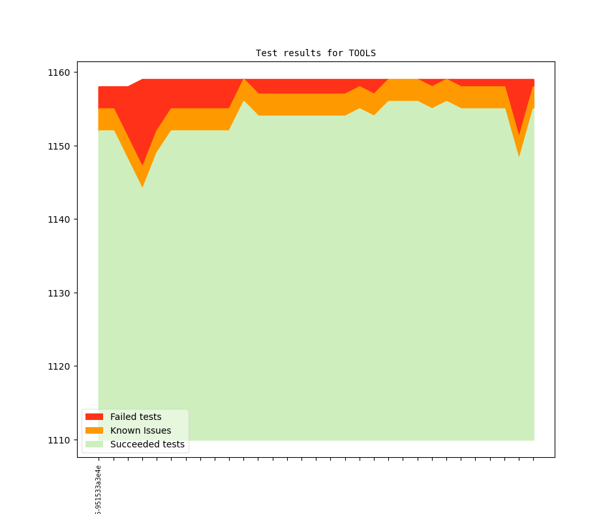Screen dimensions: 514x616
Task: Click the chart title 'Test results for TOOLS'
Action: [315, 53]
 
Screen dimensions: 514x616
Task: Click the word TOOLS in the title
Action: [362, 53]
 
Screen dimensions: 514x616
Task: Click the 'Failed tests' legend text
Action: [136, 417]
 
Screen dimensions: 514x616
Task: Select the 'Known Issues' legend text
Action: [140, 430]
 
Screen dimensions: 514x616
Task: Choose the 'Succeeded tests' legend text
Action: [147, 444]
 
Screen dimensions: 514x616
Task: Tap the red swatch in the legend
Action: [94, 417]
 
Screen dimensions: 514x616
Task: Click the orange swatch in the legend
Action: [94, 430]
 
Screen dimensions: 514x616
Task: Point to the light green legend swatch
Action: [94, 444]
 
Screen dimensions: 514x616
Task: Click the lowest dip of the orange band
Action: [142, 185]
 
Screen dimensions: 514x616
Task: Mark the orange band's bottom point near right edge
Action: [519, 155]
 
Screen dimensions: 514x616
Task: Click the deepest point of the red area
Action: [142, 165]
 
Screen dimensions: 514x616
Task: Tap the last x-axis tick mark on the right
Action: [534, 459]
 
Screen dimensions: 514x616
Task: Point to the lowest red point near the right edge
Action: [519, 135]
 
